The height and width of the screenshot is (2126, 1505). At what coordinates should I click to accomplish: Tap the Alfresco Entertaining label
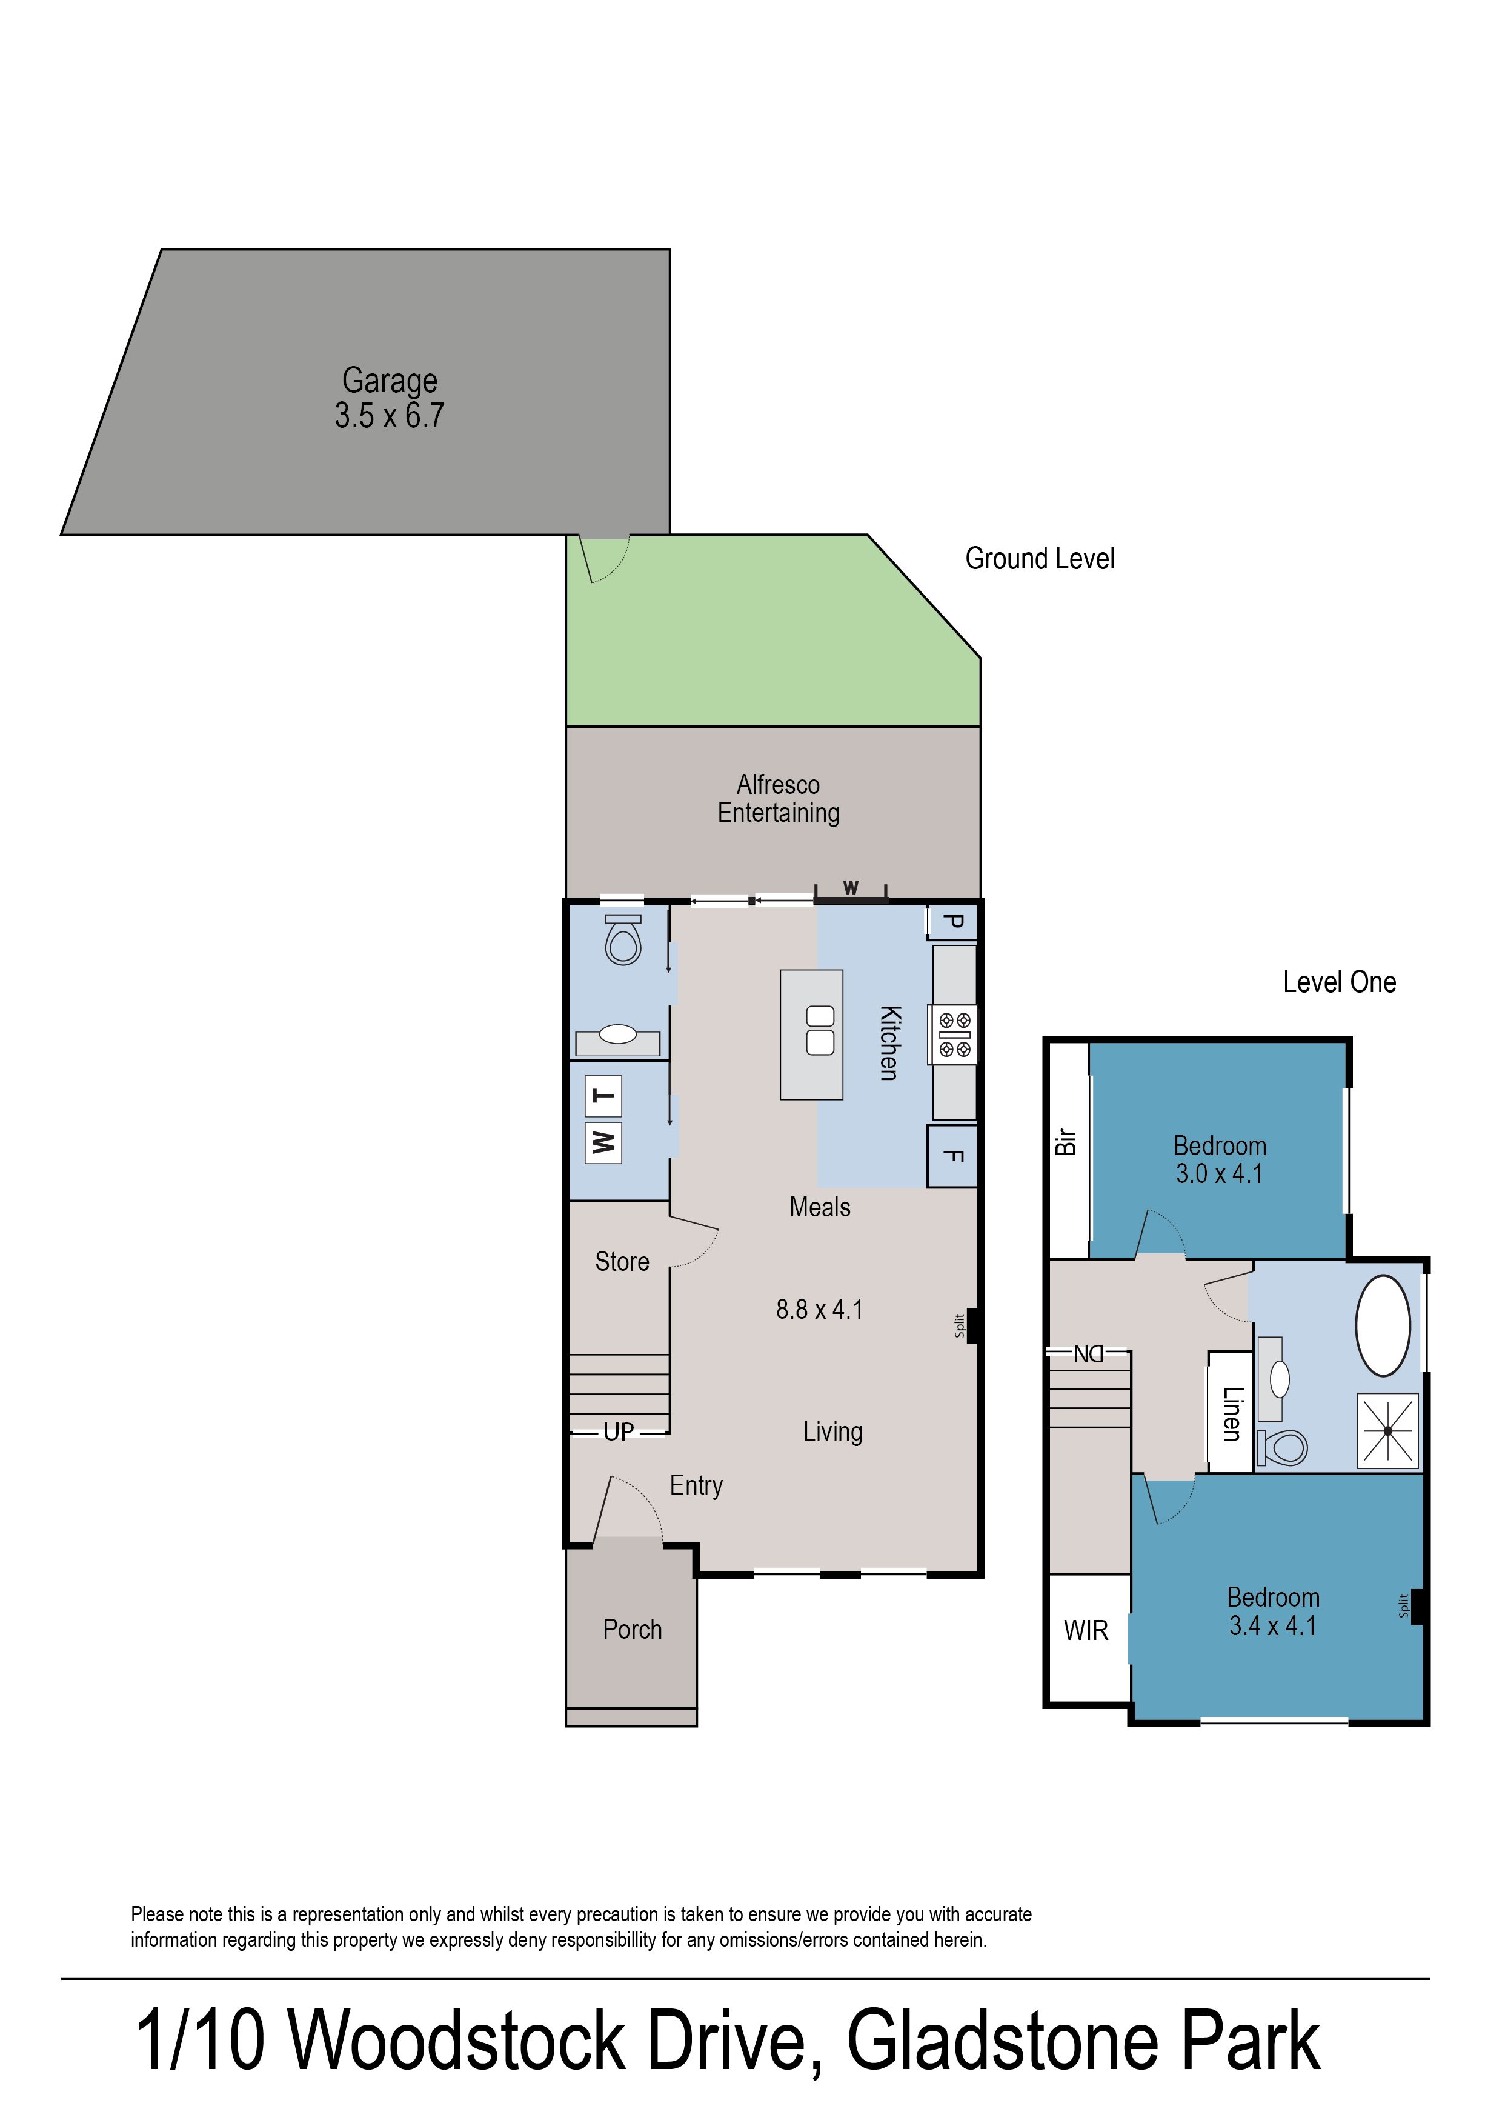(779, 799)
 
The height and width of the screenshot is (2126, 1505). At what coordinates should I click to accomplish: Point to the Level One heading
(1339, 982)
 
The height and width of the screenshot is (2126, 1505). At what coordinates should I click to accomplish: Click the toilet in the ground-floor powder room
(623, 940)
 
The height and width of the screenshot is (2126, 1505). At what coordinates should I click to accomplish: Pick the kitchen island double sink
(820, 1030)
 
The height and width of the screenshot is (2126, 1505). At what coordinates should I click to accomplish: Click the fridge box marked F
(952, 1156)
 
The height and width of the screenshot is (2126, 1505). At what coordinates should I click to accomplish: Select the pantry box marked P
(952, 922)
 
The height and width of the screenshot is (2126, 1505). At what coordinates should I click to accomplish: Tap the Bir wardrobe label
(1067, 1142)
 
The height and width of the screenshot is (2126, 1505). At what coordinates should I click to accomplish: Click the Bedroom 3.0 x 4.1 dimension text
(1220, 1175)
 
